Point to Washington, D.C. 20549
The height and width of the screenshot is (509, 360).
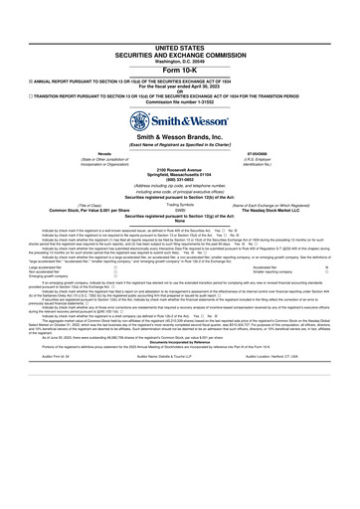(x=179, y=34)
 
